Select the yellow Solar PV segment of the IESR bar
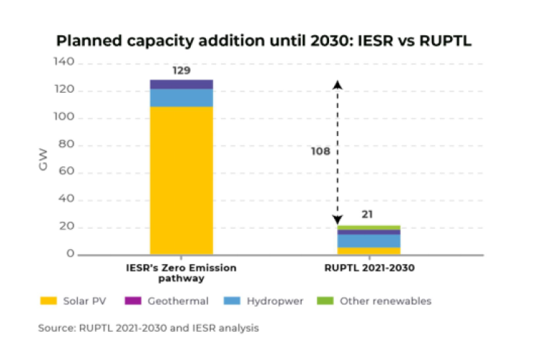pyautogui.click(x=181, y=180)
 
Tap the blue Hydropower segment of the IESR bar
pyautogui.click(x=181, y=97)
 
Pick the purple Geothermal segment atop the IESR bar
pyautogui.click(x=181, y=84)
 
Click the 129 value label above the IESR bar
pyautogui.click(x=181, y=71)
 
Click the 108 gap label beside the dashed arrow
pyautogui.click(x=320, y=152)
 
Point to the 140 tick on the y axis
pyautogui.click(x=64, y=63)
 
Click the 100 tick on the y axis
pyautogui.click(x=64, y=118)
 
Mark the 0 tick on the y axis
pyautogui.click(x=70, y=254)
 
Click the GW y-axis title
pyautogui.click(x=43, y=158)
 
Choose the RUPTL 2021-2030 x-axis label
pyautogui.click(x=369, y=267)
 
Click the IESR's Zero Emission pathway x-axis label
pyautogui.click(x=181, y=272)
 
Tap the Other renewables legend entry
pyautogui.click(x=378, y=301)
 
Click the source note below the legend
pyautogui.click(x=148, y=328)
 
